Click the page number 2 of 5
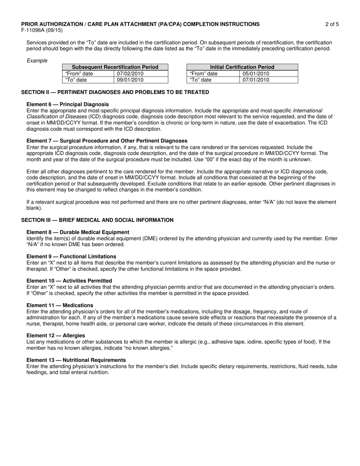pyautogui.click(x=332, y=24)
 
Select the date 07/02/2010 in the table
pyautogui.click(x=130, y=73)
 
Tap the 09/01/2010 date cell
pyautogui.click(x=130, y=80)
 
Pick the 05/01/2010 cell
pyautogui.click(x=256, y=73)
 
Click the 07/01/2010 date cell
pyautogui.click(x=256, y=80)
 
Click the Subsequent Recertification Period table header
pyautogui.click(x=115, y=67)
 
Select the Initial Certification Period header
pyautogui.click(x=242, y=67)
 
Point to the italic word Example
pyautogui.click(x=37, y=61)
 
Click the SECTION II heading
pyautogui.click(x=115, y=92)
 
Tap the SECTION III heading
pyautogui.click(x=97, y=220)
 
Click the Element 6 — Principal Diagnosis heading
pyautogui.click(x=67, y=104)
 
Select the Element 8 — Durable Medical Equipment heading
pyautogui.click(x=78, y=232)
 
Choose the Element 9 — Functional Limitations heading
pyautogui.click(x=71, y=256)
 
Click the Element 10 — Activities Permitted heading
pyautogui.click(x=69, y=281)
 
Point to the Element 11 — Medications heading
pyautogui.click(x=59, y=305)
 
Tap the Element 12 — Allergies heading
pyautogui.click(x=56, y=335)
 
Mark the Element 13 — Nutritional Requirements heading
pyautogui.click(x=76, y=360)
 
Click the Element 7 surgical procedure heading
pyautogui.click(x=107, y=141)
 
